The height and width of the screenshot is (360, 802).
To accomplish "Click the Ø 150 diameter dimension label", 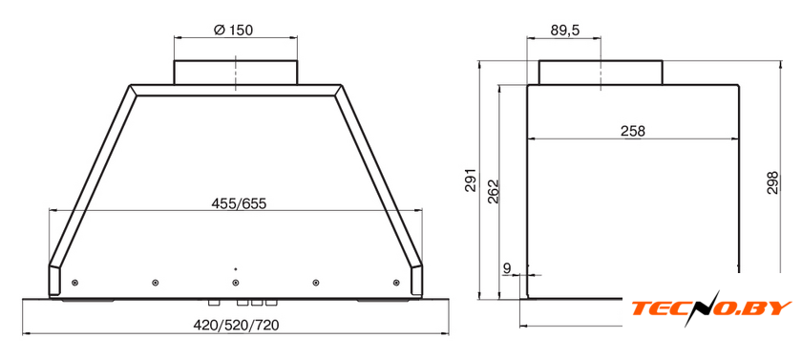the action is (x=233, y=30).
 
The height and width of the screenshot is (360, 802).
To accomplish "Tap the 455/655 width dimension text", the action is (x=239, y=203).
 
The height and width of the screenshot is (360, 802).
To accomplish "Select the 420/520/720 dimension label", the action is (x=237, y=325).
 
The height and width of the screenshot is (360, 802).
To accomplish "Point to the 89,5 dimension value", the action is (x=564, y=31).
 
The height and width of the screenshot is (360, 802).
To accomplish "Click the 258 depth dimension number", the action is (x=633, y=131).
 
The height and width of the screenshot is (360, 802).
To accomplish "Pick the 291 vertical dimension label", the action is (x=471, y=180).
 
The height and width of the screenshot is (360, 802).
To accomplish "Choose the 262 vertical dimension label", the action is (x=493, y=191).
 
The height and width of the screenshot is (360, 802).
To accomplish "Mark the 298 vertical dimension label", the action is (x=772, y=182).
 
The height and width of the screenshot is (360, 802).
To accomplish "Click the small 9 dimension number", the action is (x=507, y=267).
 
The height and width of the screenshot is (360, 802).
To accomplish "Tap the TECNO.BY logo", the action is (x=711, y=307).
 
